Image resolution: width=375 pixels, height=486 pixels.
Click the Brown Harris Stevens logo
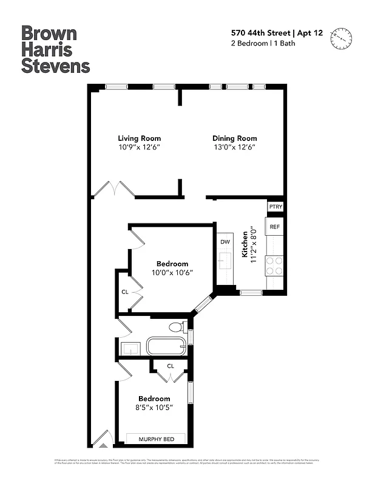55,49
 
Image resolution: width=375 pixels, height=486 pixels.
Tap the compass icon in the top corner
341,38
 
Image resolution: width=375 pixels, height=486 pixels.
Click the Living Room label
139,139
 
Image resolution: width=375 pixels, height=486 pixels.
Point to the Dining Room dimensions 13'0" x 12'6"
234,148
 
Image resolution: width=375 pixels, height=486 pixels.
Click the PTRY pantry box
275,207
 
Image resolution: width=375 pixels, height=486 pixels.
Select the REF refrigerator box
275,226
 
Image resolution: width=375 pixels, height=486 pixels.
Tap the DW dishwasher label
225,242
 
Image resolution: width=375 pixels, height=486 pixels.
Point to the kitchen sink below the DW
225,263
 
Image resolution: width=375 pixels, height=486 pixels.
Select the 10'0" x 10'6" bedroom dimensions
172,273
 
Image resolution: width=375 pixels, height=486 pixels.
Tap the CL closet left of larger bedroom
125,292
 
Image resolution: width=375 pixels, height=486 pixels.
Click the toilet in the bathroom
177,327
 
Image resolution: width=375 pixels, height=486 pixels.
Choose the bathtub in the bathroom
166,347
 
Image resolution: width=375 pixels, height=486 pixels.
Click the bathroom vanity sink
130,348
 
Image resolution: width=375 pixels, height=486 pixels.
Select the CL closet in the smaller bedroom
171,366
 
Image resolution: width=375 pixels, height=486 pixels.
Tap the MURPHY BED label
157,439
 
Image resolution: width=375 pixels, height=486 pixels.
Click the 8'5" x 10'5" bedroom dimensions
154,408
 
